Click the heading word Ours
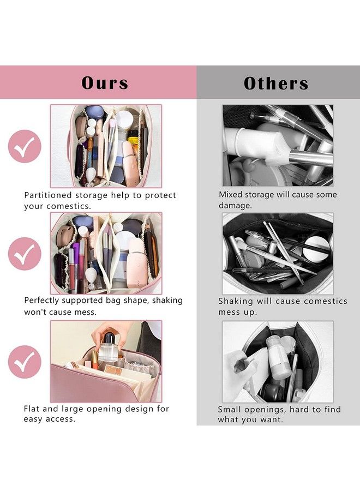coord(105,83)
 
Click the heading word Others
coord(276,83)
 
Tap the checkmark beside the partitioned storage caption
coord(25,146)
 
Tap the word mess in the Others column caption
coord(229,312)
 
